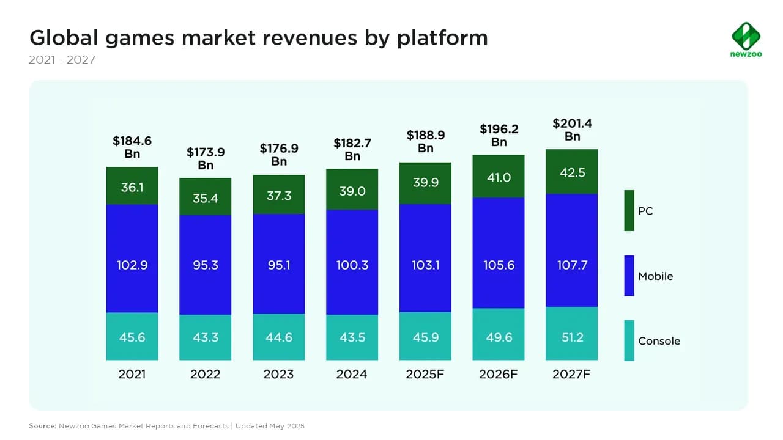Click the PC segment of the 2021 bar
(132, 186)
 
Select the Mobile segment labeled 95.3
(206, 265)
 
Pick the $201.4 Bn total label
(572, 130)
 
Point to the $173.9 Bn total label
(206, 158)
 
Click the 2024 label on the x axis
(352, 374)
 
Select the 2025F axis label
(425, 374)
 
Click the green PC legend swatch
(629, 211)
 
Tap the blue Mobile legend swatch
(629, 276)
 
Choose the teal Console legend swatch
(629, 340)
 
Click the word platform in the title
(442, 38)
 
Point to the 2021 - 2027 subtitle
(62, 61)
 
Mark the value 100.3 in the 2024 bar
(352, 265)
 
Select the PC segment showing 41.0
(499, 177)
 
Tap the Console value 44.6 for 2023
(279, 337)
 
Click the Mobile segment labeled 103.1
(425, 265)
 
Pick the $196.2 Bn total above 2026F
(499, 135)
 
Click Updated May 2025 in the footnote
(270, 425)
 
